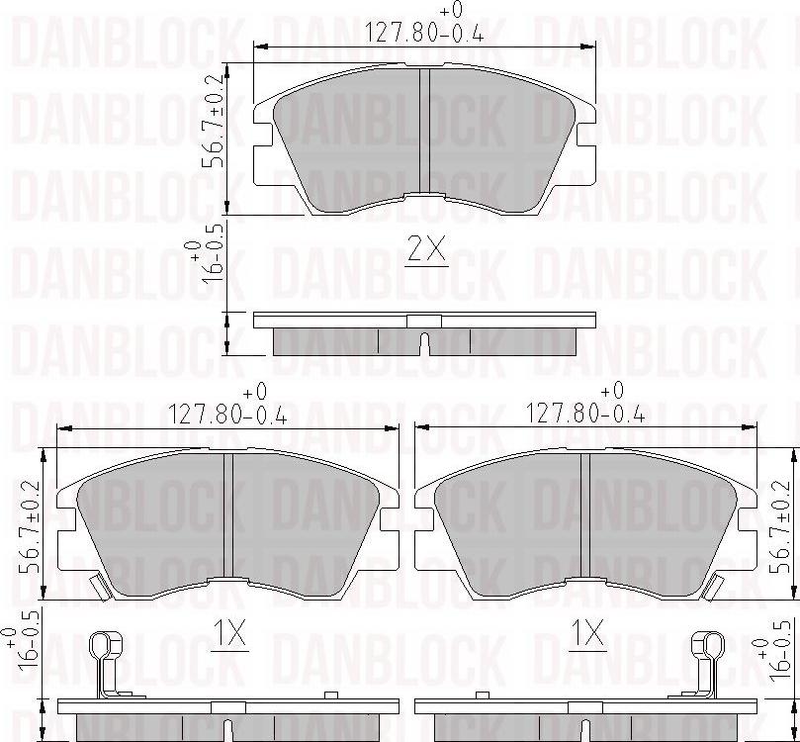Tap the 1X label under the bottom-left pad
[x=229, y=634]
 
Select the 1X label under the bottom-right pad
[x=588, y=634]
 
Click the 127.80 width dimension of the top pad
[x=425, y=32]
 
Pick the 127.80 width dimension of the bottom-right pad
[x=586, y=415]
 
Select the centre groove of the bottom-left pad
[x=228, y=515]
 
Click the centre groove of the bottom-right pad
[x=586, y=515]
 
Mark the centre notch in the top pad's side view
[x=424, y=343]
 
